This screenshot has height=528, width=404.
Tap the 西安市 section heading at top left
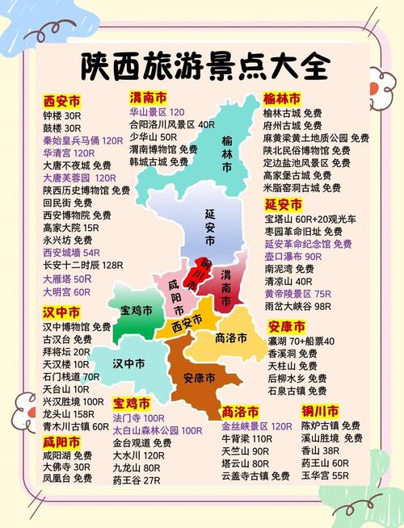(x=62, y=102)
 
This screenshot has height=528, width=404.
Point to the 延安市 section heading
(x=284, y=203)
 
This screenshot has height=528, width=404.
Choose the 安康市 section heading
(x=286, y=326)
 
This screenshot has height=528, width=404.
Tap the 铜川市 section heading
(x=319, y=410)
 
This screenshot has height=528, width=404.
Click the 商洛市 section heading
(x=241, y=411)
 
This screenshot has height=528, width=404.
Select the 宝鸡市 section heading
(x=132, y=402)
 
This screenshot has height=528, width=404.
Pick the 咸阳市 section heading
(x=61, y=442)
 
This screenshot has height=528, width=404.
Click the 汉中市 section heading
(x=61, y=312)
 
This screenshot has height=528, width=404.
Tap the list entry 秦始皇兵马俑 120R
(x=82, y=140)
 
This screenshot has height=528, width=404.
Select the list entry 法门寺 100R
(x=138, y=418)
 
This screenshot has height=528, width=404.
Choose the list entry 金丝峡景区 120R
(x=256, y=425)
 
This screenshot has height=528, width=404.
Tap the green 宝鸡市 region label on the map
(x=137, y=309)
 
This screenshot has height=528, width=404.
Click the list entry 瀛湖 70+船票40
(x=301, y=342)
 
